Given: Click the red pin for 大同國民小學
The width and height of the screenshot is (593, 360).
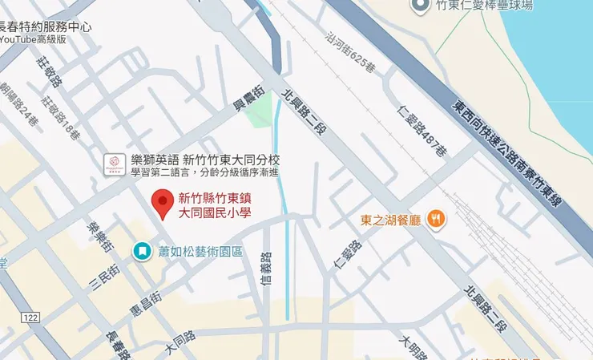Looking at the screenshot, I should (163, 203).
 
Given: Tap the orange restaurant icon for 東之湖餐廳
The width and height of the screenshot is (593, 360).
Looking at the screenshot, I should (436, 218).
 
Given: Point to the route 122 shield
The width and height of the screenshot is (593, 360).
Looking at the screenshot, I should (31, 318).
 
